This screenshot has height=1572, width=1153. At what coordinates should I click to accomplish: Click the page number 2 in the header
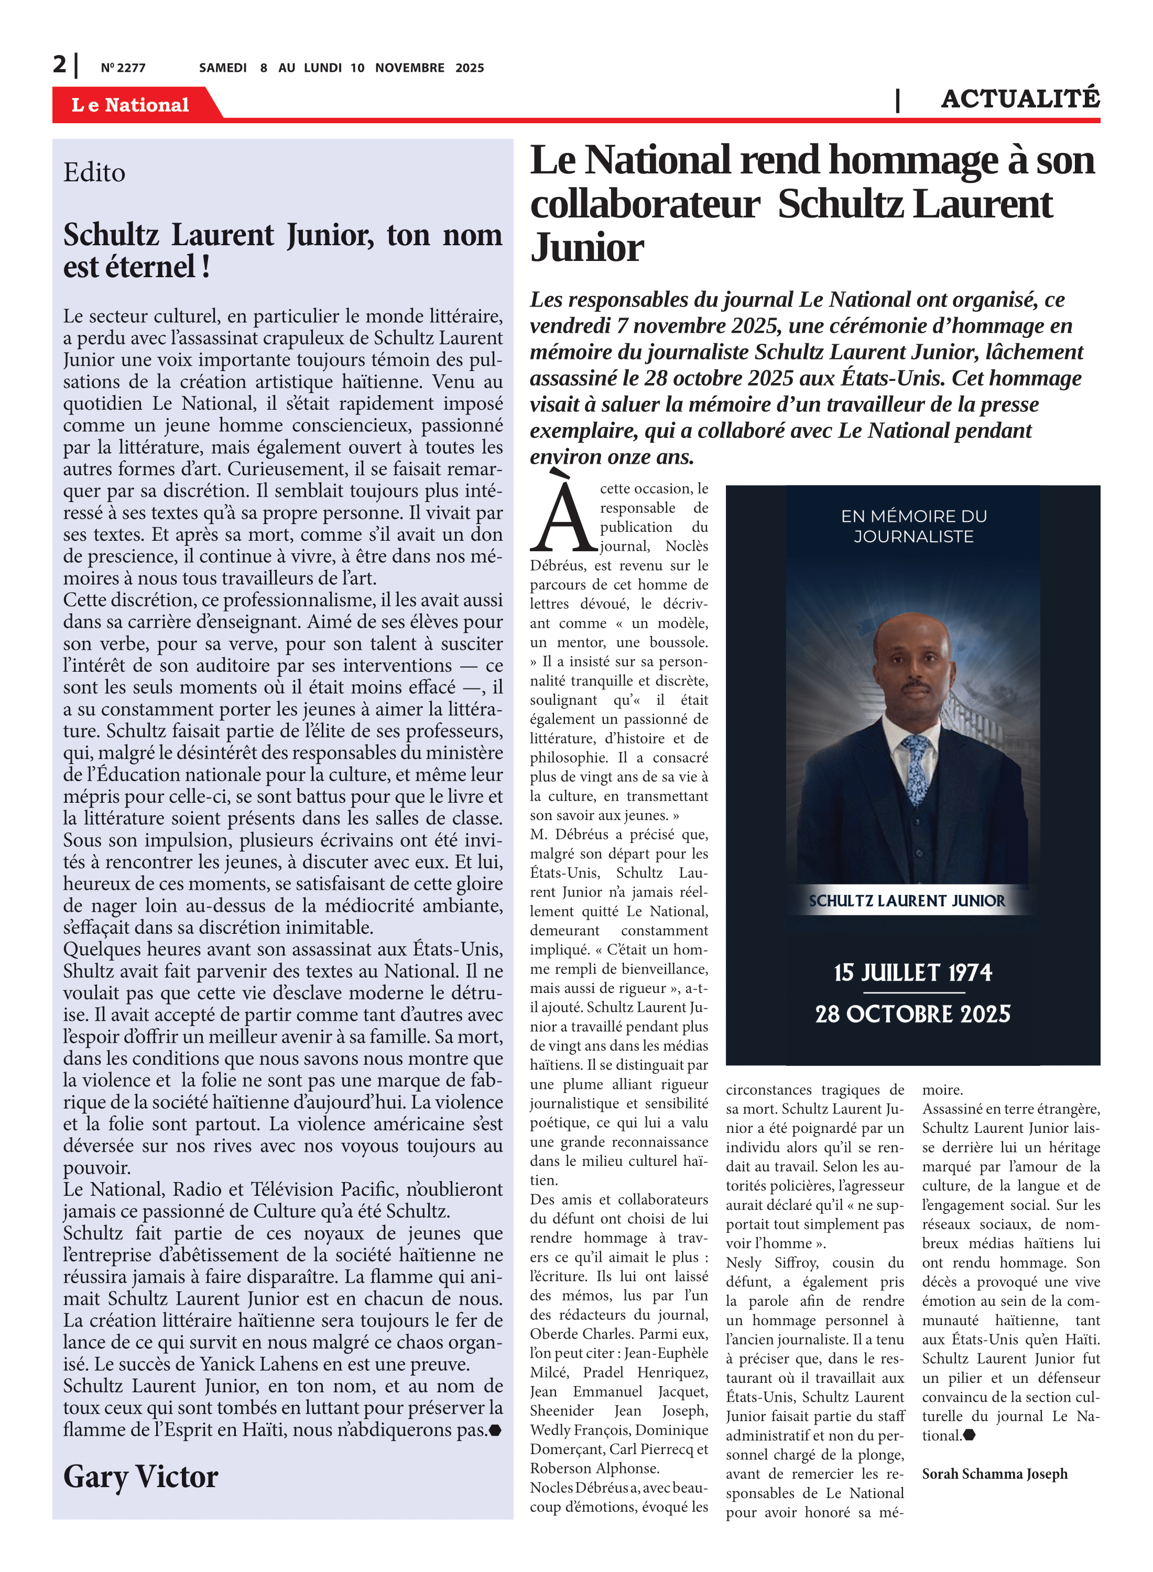coord(60,64)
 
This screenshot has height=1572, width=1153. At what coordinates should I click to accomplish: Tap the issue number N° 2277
coord(123,68)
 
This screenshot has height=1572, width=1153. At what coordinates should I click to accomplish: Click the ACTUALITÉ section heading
coord(1020,99)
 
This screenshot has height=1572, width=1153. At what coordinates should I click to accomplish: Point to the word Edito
coord(94,172)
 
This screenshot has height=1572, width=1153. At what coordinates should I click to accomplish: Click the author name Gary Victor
coord(140,1476)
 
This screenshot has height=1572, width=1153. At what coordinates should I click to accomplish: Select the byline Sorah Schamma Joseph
coord(995,1473)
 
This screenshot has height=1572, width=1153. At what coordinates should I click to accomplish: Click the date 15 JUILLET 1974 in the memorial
coord(912,972)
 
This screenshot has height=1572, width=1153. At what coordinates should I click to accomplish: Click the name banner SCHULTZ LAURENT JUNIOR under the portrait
coord(907,900)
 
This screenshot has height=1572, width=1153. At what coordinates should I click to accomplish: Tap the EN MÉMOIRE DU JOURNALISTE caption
coord(913,526)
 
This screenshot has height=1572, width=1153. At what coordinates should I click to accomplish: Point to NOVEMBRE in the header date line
coord(410,68)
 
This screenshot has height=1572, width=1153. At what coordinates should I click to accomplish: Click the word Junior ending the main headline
coord(587,247)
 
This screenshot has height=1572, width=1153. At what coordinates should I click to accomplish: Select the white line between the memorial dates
coord(913,992)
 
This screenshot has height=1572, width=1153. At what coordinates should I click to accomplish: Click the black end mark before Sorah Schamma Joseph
coord(970,1435)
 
